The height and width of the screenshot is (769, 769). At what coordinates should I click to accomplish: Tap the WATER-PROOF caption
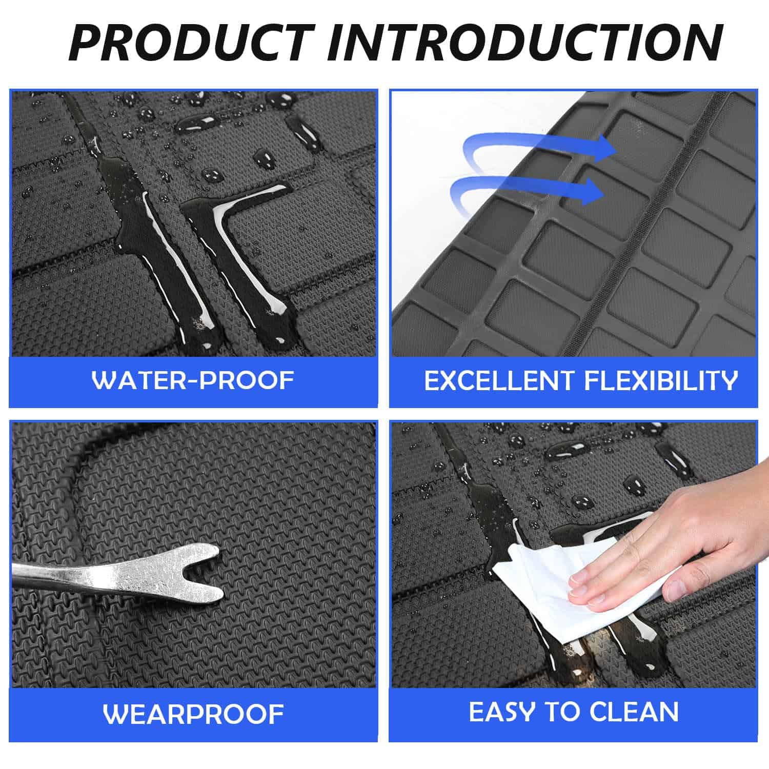pos(193,380)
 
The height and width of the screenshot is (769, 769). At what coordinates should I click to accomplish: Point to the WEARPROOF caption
pos(193,714)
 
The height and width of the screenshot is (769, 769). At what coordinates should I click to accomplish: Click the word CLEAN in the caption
pos(634,712)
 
